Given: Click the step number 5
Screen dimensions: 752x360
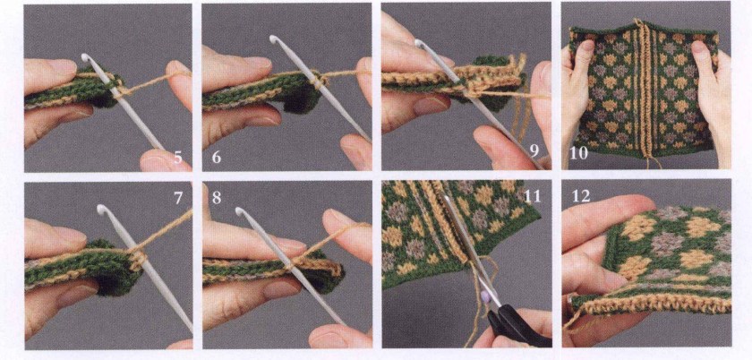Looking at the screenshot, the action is (x=178, y=157).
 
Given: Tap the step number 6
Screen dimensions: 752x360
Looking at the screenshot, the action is (x=217, y=157).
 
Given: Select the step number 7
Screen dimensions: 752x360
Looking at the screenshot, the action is (x=178, y=197).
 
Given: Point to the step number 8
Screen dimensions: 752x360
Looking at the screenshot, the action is (x=217, y=198).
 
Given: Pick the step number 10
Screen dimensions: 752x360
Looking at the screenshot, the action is (x=578, y=154).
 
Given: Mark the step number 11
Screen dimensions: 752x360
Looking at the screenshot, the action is (x=533, y=195).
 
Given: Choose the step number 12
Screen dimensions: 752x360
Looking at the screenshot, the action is (x=581, y=196).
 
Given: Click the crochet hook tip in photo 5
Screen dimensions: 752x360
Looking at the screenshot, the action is (x=86, y=58).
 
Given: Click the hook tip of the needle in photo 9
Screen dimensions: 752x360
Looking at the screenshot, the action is (x=419, y=44).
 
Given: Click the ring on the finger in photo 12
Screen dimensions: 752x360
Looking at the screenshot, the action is (x=569, y=302).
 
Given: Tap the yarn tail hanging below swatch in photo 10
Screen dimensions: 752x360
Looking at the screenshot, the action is (x=651, y=162).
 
